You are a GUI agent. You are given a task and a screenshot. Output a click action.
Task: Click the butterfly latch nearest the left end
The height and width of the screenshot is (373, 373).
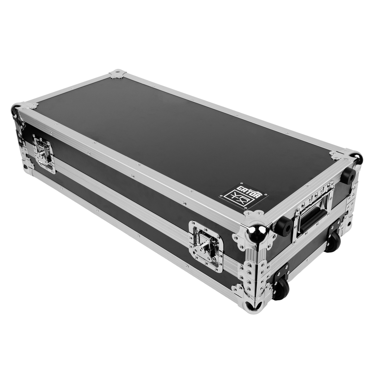coord(44,153)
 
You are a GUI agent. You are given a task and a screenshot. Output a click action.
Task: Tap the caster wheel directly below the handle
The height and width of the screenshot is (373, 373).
coord(333,241)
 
